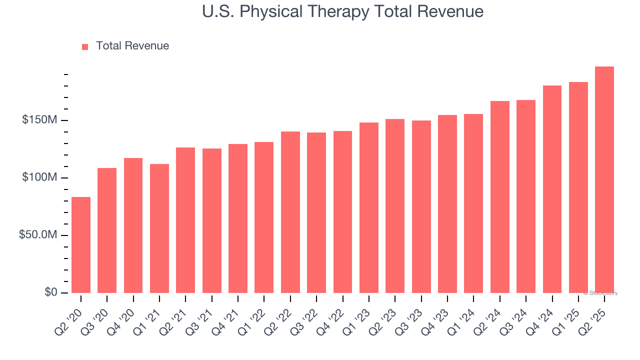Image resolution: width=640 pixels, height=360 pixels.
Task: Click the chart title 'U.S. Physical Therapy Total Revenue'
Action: click(342, 11)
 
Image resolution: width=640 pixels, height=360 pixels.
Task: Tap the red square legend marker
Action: click(85, 46)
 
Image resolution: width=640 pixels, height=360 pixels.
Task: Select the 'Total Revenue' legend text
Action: click(132, 46)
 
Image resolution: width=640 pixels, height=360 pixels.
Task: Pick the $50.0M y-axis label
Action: click(38, 235)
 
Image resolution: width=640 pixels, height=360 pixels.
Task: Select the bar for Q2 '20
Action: click(81, 245)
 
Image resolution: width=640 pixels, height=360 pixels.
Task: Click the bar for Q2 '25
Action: click(604, 180)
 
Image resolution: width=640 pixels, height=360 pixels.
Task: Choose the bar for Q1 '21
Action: click(159, 228)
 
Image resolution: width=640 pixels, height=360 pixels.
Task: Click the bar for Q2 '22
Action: click(290, 212)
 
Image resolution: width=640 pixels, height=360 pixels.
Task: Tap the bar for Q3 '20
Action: click(107, 230)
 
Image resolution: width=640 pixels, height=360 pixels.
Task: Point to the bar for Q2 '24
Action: click(499, 197)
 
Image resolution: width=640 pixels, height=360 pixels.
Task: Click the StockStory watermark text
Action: click(600, 293)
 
